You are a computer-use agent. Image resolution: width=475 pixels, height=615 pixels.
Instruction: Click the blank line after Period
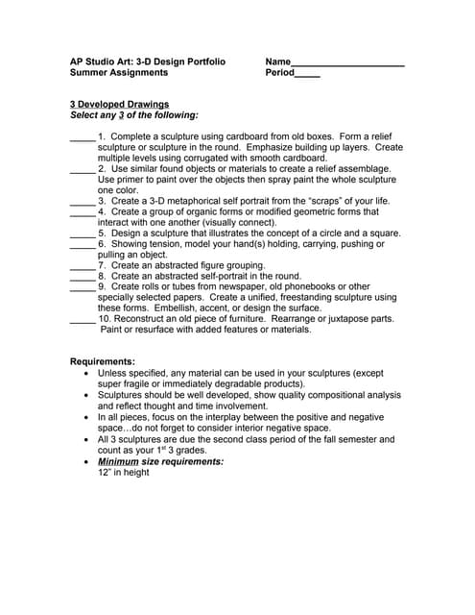point(307,75)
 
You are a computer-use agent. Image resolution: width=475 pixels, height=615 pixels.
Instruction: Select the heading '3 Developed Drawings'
point(119,104)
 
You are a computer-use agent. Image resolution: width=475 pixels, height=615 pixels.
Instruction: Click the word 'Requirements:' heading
point(103,361)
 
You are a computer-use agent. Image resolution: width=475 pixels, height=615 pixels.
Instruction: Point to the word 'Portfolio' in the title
point(204,61)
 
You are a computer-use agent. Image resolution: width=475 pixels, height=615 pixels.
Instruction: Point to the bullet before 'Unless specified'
point(88,373)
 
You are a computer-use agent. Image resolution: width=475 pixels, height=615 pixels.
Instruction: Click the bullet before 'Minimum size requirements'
point(88,462)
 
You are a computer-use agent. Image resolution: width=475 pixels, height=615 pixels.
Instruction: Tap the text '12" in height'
point(124,473)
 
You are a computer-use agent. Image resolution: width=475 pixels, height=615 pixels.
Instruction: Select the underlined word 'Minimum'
point(118,461)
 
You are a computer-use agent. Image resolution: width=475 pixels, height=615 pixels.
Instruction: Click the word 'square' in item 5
point(385,233)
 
